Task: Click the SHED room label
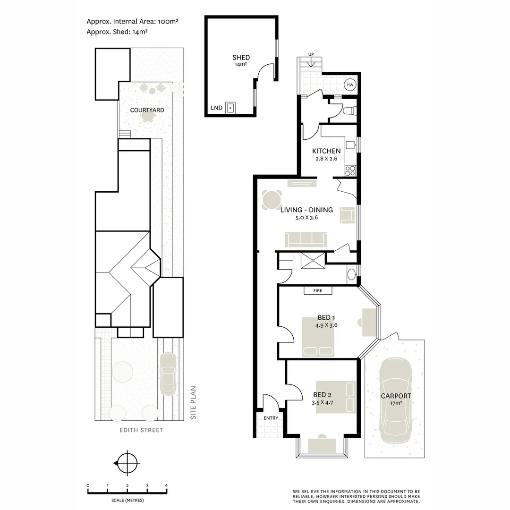point(241,58)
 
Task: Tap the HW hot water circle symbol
point(350,85)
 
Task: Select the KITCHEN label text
point(326,151)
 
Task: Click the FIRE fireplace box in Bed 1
point(317,290)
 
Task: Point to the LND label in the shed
point(216,108)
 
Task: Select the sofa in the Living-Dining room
point(306,239)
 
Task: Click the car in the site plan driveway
point(168,374)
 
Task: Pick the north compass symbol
point(127,463)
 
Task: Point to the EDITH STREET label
point(141,430)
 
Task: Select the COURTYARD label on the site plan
point(147,110)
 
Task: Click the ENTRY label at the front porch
point(271,418)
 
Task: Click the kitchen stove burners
point(350,170)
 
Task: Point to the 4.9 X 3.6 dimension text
point(326,325)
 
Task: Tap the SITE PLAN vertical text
point(193,403)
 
